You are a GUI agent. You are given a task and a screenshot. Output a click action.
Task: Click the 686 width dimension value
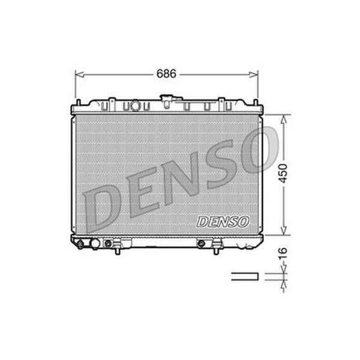(x=166, y=74)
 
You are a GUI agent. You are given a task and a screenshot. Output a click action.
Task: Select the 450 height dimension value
(x=284, y=173)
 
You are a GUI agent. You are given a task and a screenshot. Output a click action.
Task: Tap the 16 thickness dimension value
(x=284, y=253)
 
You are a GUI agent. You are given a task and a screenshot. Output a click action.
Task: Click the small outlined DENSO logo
(x=223, y=222)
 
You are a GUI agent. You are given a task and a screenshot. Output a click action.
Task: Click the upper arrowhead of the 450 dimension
(x=284, y=119)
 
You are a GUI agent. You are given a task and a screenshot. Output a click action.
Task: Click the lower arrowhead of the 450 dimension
(x=284, y=230)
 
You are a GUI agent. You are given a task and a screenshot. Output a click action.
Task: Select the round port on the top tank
(x=135, y=106)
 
